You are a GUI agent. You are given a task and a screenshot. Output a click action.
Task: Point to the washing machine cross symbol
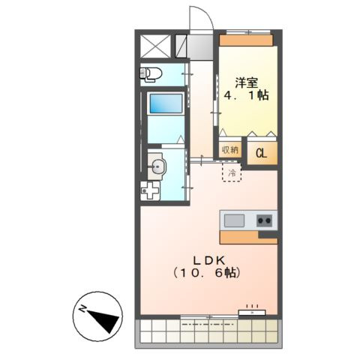tap(149, 190)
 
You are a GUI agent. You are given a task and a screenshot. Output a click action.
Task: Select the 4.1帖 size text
tap(247, 96)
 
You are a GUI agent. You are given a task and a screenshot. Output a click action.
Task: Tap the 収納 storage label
tap(230, 149)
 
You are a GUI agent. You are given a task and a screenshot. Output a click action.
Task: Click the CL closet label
tap(262, 153)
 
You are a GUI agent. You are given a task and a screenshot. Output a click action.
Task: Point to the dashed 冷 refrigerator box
tap(232, 173)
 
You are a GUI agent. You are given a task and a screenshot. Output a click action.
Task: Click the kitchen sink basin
tap(234, 220)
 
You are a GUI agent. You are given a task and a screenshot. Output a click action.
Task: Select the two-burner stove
tap(264, 220)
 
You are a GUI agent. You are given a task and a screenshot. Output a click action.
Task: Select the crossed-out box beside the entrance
tap(157, 46)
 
